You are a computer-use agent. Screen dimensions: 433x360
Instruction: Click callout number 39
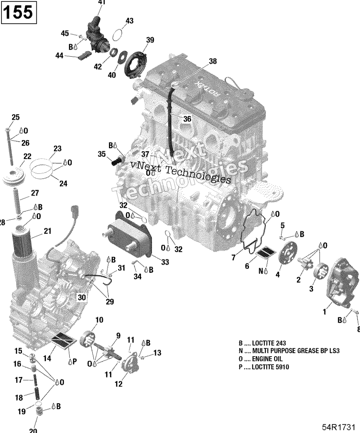tap(150, 41)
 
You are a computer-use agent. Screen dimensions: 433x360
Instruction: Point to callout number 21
tap(47, 231)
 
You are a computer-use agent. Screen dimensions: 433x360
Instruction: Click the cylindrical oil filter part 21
tap(23, 244)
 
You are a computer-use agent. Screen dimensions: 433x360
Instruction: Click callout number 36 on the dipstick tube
tap(187, 119)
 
